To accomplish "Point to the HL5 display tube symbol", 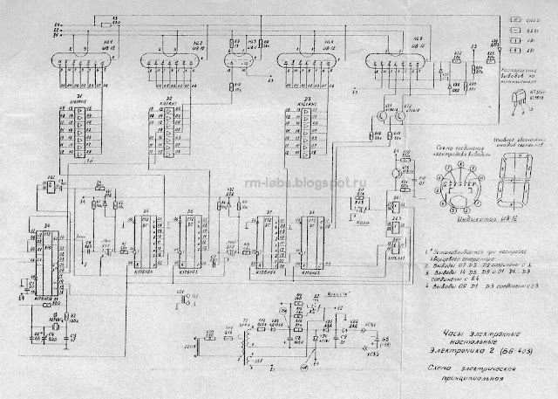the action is click(397, 64).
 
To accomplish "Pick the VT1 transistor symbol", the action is click(380, 113).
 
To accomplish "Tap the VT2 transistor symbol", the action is click(402, 113).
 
